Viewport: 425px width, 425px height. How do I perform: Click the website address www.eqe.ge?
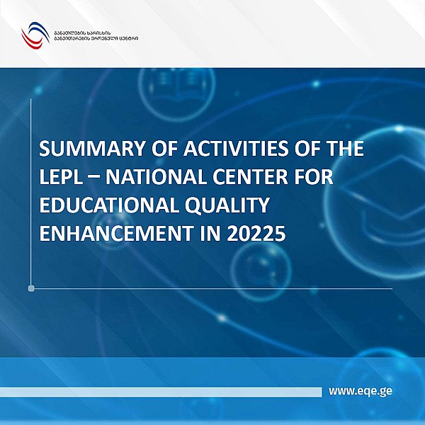(x=361, y=391)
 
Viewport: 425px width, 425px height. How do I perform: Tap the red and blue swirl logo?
(x=34, y=35)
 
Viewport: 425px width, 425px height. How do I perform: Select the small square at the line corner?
(x=31, y=288)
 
